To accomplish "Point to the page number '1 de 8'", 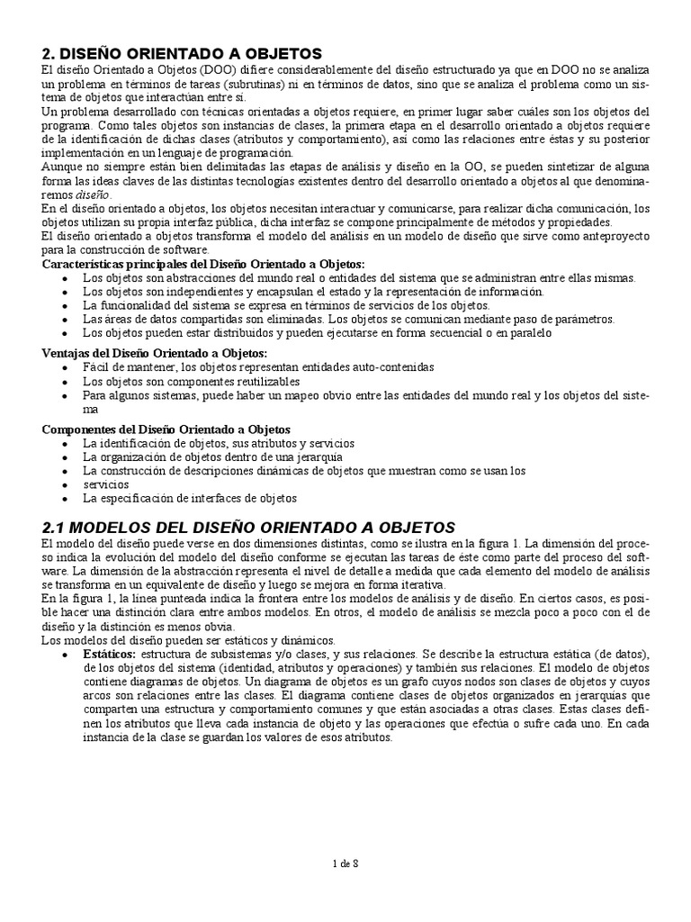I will pyautogui.click(x=345, y=864).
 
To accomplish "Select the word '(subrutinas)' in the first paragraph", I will pyautogui.click(x=242, y=84).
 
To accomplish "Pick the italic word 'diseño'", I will pyautogui.click(x=93, y=194).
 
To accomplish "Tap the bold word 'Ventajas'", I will pyautogui.click(x=67, y=353).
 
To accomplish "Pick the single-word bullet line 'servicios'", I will pyautogui.click(x=105, y=484).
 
